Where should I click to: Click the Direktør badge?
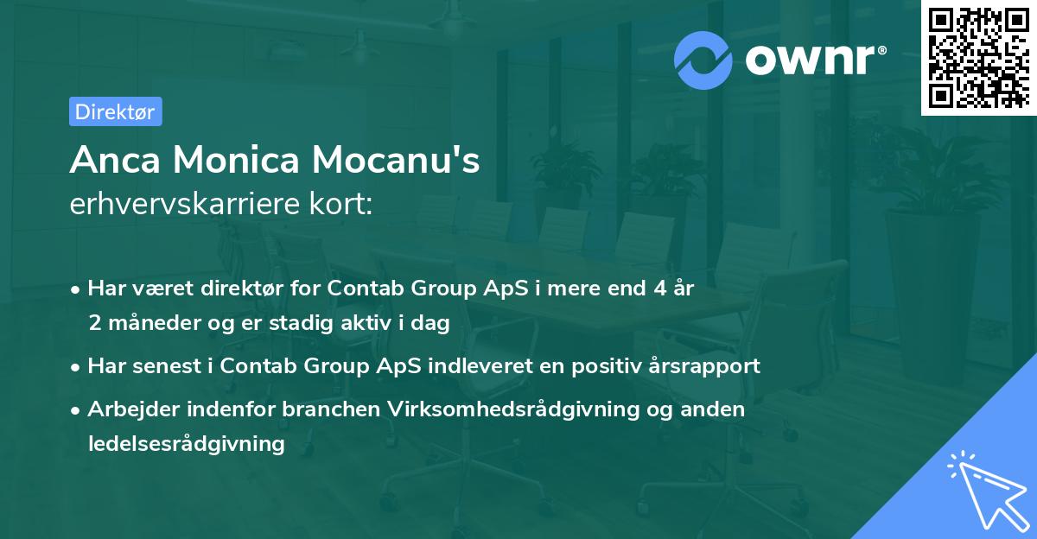(115, 111)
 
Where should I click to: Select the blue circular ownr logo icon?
(703, 60)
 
